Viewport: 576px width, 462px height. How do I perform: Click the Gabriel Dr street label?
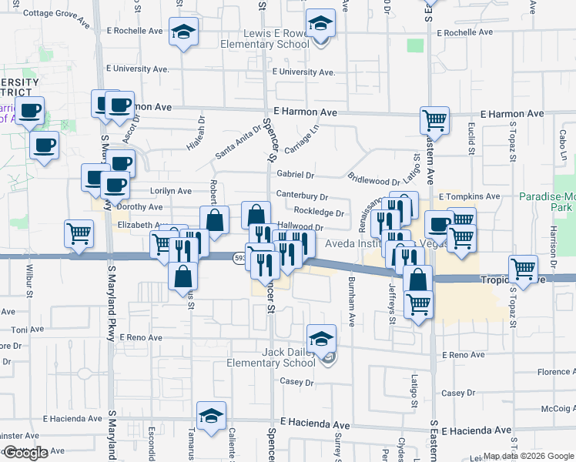(296, 176)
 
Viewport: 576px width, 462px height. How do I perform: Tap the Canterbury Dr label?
(302, 197)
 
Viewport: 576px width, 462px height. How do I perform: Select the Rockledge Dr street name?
(318, 213)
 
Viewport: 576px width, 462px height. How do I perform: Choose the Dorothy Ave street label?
(139, 207)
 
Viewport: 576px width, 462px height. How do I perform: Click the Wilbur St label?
(30, 282)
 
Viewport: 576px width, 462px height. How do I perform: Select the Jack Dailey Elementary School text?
(267, 357)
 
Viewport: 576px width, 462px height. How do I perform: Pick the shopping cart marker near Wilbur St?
(79, 233)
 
